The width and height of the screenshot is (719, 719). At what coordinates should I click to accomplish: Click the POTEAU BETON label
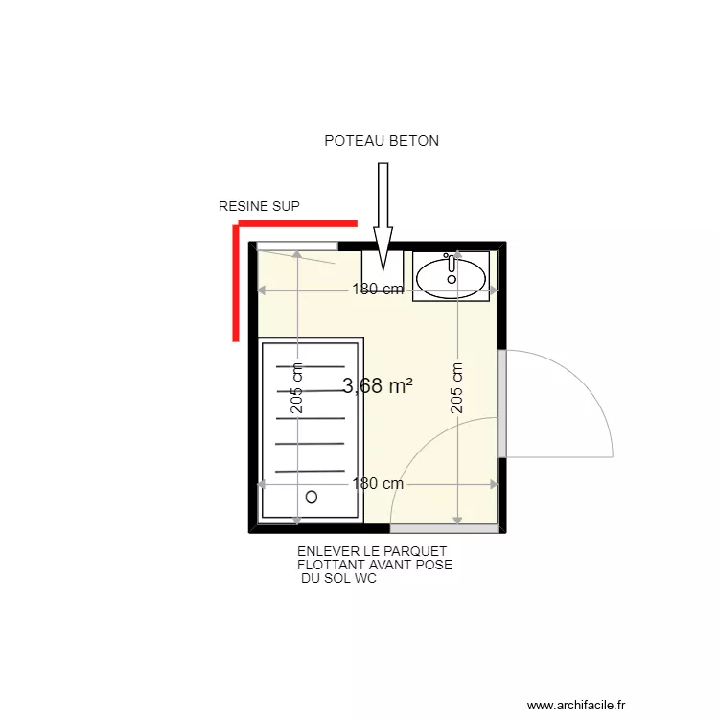click(382, 141)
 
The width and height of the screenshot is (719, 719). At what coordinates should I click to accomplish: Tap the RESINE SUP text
click(259, 206)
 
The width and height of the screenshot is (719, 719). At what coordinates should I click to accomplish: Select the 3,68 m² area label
click(378, 385)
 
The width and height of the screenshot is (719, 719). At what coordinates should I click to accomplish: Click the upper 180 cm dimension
click(378, 290)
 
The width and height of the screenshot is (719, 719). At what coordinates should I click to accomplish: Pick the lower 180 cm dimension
click(378, 484)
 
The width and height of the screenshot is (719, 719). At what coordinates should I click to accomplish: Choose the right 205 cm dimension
click(458, 388)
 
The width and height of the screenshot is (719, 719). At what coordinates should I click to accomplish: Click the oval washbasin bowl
click(452, 276)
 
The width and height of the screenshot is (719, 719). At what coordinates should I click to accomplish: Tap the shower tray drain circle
click(312, 498)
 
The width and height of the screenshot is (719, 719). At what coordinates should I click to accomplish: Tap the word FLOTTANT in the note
click(333, 565)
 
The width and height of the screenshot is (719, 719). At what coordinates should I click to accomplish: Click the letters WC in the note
click(365, 578)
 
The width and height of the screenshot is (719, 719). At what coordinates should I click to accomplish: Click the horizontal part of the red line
click(297, 224)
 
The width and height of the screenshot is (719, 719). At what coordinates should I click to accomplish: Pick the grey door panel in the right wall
click(501, 404)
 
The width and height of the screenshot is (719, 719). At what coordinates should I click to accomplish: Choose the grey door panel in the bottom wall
click(444, 528)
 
